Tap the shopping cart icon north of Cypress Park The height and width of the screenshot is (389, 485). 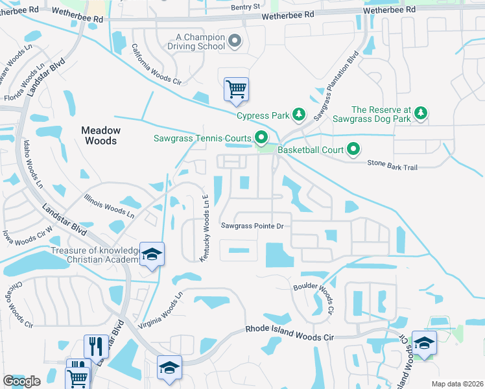[x=236, y=89]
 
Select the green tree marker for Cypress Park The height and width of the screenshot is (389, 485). [x=298, y=115]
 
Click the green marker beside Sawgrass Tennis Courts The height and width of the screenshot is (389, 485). [x=261, y=137]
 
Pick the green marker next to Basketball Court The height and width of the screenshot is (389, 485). [x=353, y=150]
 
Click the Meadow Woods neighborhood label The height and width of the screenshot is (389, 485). [x=99, y=136]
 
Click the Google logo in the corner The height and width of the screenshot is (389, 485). [x=21, y=381]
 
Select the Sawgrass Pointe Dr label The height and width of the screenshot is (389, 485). [x=253, y=226]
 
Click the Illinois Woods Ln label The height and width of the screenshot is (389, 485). [x=109, y=205]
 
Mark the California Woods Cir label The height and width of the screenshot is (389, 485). [x=156, y=64]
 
